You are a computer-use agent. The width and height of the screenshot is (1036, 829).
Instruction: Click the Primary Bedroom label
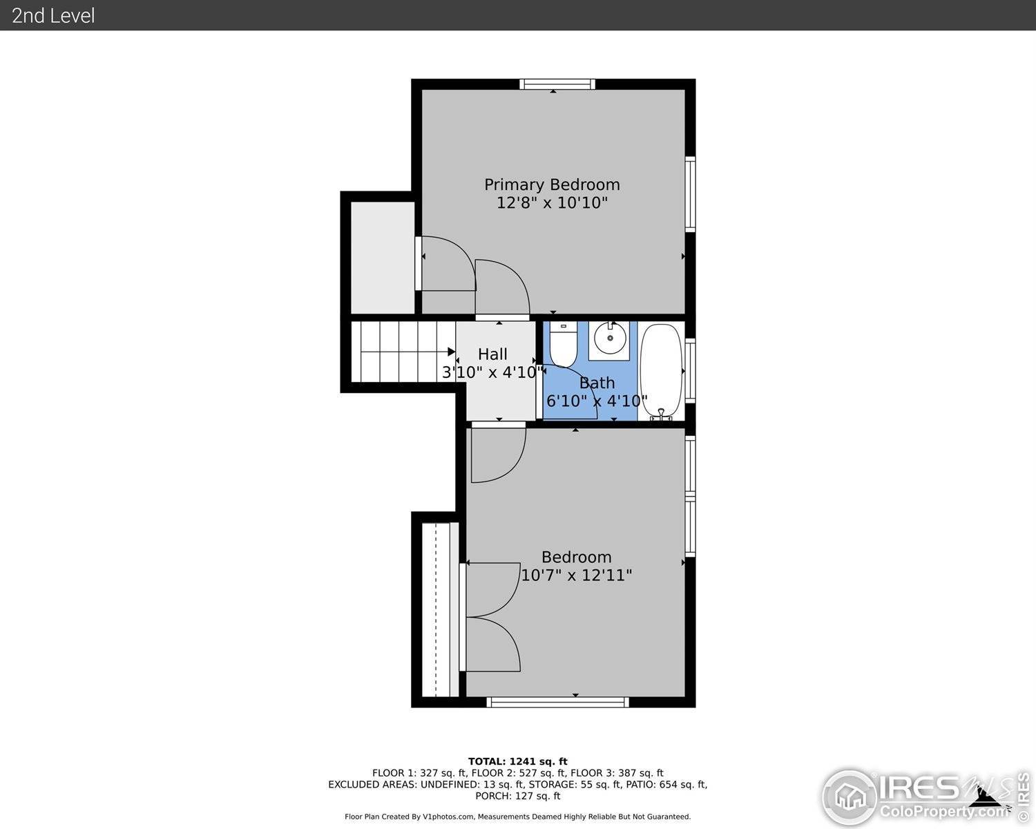(551, 184)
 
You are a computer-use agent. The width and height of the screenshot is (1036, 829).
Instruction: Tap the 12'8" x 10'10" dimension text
(551, 203)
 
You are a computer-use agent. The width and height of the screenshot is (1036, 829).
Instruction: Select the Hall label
(492, 354)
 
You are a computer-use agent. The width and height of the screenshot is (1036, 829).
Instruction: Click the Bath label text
(597, 383)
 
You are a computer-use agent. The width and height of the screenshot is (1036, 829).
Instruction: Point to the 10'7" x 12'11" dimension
(576, 575)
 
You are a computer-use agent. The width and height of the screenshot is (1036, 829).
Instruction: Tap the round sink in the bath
(609, 339)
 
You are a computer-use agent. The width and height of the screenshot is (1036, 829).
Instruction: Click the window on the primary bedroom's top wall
(557, 84)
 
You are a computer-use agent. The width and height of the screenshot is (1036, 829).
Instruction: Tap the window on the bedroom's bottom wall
(557, 702)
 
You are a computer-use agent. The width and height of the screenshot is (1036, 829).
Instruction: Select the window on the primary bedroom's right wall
(690, 194)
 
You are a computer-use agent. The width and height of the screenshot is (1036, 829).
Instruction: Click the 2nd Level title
(53, 15)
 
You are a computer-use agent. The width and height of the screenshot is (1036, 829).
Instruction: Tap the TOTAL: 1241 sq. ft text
(517, 761)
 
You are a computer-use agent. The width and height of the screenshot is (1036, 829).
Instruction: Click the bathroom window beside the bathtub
(690, 371)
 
